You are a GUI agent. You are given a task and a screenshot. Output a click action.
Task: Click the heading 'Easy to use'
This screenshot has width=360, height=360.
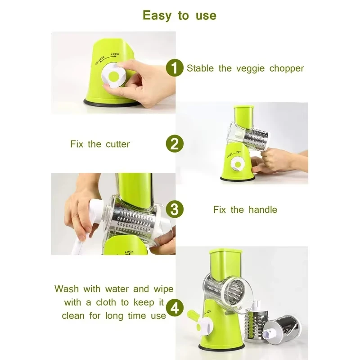180,16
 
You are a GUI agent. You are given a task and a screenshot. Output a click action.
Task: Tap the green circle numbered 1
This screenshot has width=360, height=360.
175,68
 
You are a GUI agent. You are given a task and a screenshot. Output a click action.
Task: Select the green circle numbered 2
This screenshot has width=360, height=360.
175,144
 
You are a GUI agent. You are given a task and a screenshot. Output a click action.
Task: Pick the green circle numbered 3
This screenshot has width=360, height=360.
175,210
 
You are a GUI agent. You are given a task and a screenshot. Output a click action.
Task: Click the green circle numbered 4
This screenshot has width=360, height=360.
175,308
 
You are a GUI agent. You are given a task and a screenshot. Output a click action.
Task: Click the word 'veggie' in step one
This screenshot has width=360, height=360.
250,69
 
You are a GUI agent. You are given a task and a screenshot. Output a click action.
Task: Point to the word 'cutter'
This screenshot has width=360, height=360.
117,144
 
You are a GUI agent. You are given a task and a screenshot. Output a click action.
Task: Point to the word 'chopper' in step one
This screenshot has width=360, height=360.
287,69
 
